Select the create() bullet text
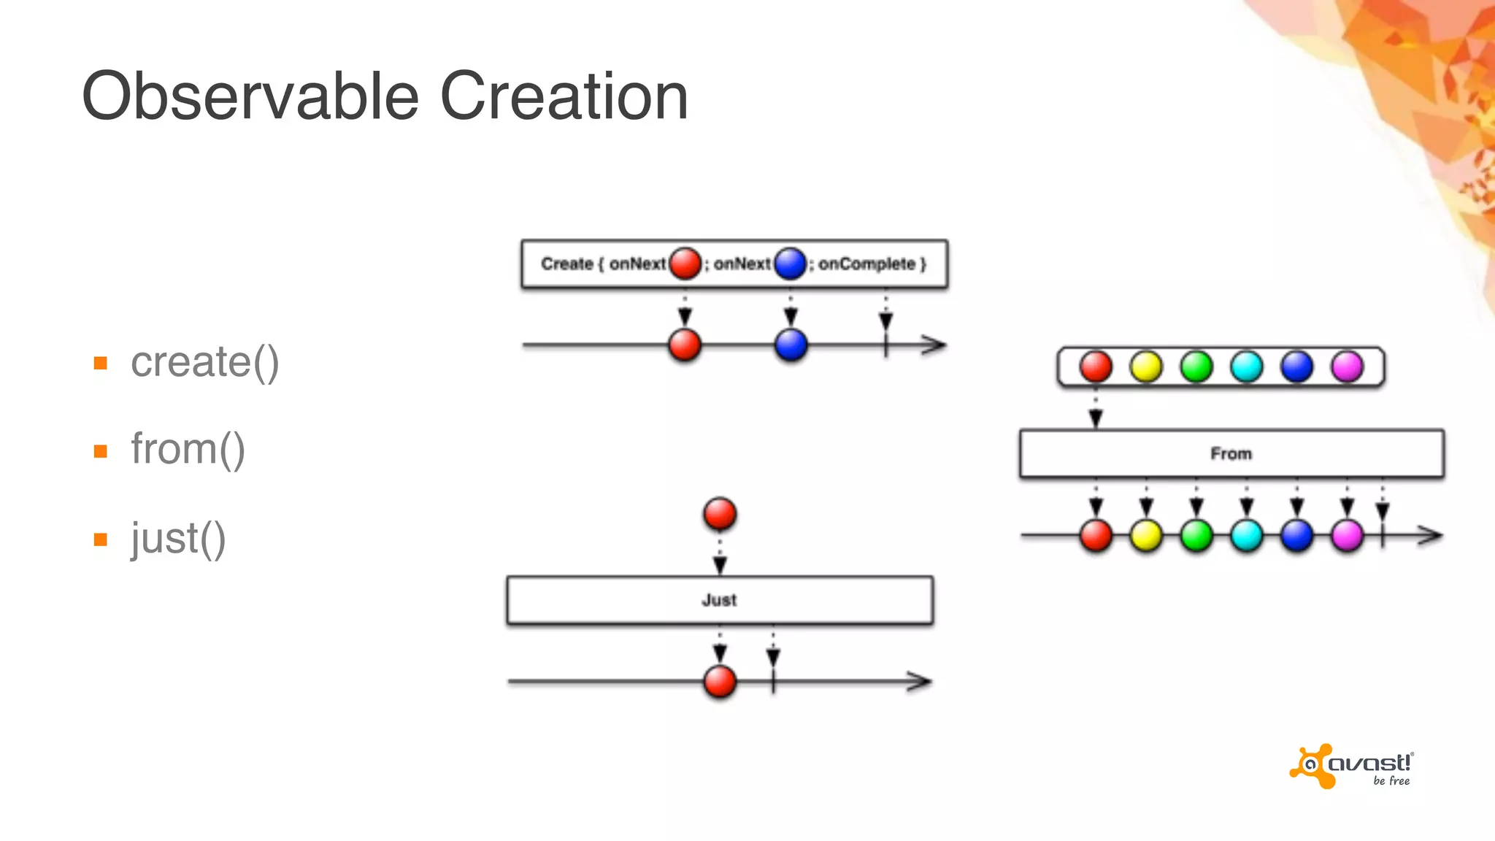[x=204, y=362]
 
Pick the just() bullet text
[x=178, y=539]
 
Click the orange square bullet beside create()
[x=101, y=363]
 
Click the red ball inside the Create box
[x=685, y=264]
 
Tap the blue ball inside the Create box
[x=790, y=264]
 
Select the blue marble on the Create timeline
[x=791, y=345]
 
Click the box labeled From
[x=1231, y=453]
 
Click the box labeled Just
[x=720, y=600]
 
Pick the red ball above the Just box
[x=720, y=514]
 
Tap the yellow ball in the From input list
[x=1146, y=366]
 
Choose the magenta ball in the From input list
[x=1347, y=366]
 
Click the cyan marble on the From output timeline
[x=1247, y=536]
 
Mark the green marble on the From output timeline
[x=1196, y=536]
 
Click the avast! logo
[x=1351, y=767]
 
